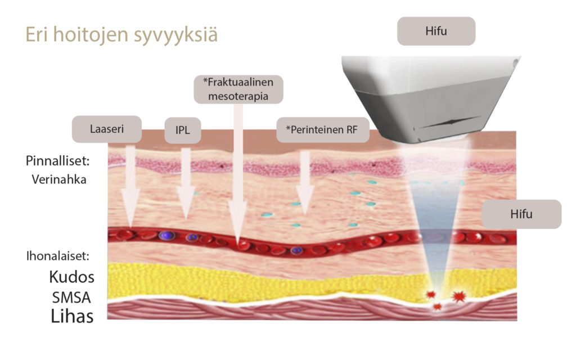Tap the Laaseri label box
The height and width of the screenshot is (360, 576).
[x=106, y=129]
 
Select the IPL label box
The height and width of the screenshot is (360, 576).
[x=182, y=130]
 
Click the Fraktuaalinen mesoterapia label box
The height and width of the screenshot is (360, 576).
[x=238, y=89]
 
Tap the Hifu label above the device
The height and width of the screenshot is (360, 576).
[x=436, y=31]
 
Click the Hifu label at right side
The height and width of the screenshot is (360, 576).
[x=521, y=214]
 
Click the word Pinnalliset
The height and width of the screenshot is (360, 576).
[x=58, y=161]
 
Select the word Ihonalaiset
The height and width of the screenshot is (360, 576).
[x=58, y=256]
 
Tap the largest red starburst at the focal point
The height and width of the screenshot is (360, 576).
[x=459, y=296]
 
